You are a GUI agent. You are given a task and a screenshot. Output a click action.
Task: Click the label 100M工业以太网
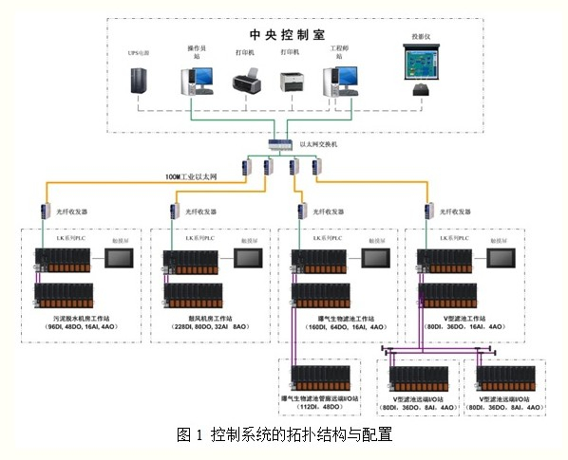coord(191,176)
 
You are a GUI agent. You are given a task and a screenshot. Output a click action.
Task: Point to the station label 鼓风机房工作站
coord(214,317)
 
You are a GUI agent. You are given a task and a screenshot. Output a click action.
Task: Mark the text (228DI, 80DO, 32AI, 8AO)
coord(215,326)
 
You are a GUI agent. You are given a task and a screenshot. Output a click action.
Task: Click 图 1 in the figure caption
coord(190,435)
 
